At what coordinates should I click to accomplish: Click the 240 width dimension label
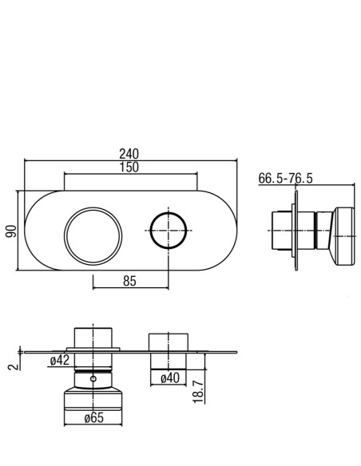point(129,154)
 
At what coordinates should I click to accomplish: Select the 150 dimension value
point(129,167)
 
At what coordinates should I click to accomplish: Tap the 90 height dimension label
point(12,231)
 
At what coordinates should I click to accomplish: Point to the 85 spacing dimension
point(129,281)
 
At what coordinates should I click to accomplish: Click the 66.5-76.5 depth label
point(285,178)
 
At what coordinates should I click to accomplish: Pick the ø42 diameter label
point(60,360)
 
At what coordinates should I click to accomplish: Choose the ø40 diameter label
point(170,378)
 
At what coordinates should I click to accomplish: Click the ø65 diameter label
point(94,418)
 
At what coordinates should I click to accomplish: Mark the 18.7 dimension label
point(199,392)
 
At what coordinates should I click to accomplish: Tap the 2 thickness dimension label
point(14,366)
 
